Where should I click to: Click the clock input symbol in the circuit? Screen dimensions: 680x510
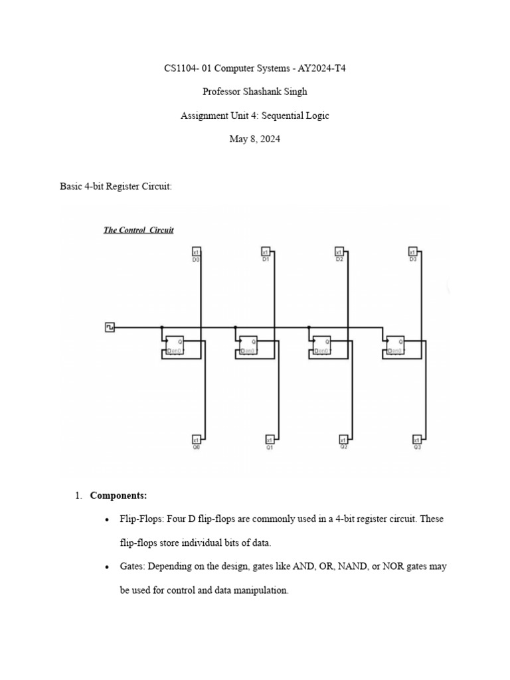click(110, 327)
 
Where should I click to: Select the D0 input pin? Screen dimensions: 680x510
click(196, 252)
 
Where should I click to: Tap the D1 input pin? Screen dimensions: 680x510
click(265, 252)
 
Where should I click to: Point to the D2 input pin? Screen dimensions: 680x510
click(339, 252)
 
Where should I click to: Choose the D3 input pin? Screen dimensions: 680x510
click(412, 252)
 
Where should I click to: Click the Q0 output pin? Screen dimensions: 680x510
click(196, 440)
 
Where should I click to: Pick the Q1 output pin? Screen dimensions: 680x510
click(270, 440)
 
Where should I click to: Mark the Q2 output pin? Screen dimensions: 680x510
click(343, 440)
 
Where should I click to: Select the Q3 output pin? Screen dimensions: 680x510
click(417, 440)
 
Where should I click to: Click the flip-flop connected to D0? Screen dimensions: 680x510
click(175, 345)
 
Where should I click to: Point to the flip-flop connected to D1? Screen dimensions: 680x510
click(248, 345)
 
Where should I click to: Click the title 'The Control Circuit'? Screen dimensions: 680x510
click(138, 230)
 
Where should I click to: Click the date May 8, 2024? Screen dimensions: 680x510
click(254, 139)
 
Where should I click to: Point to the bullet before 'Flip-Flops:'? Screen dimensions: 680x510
click(107, 519)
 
